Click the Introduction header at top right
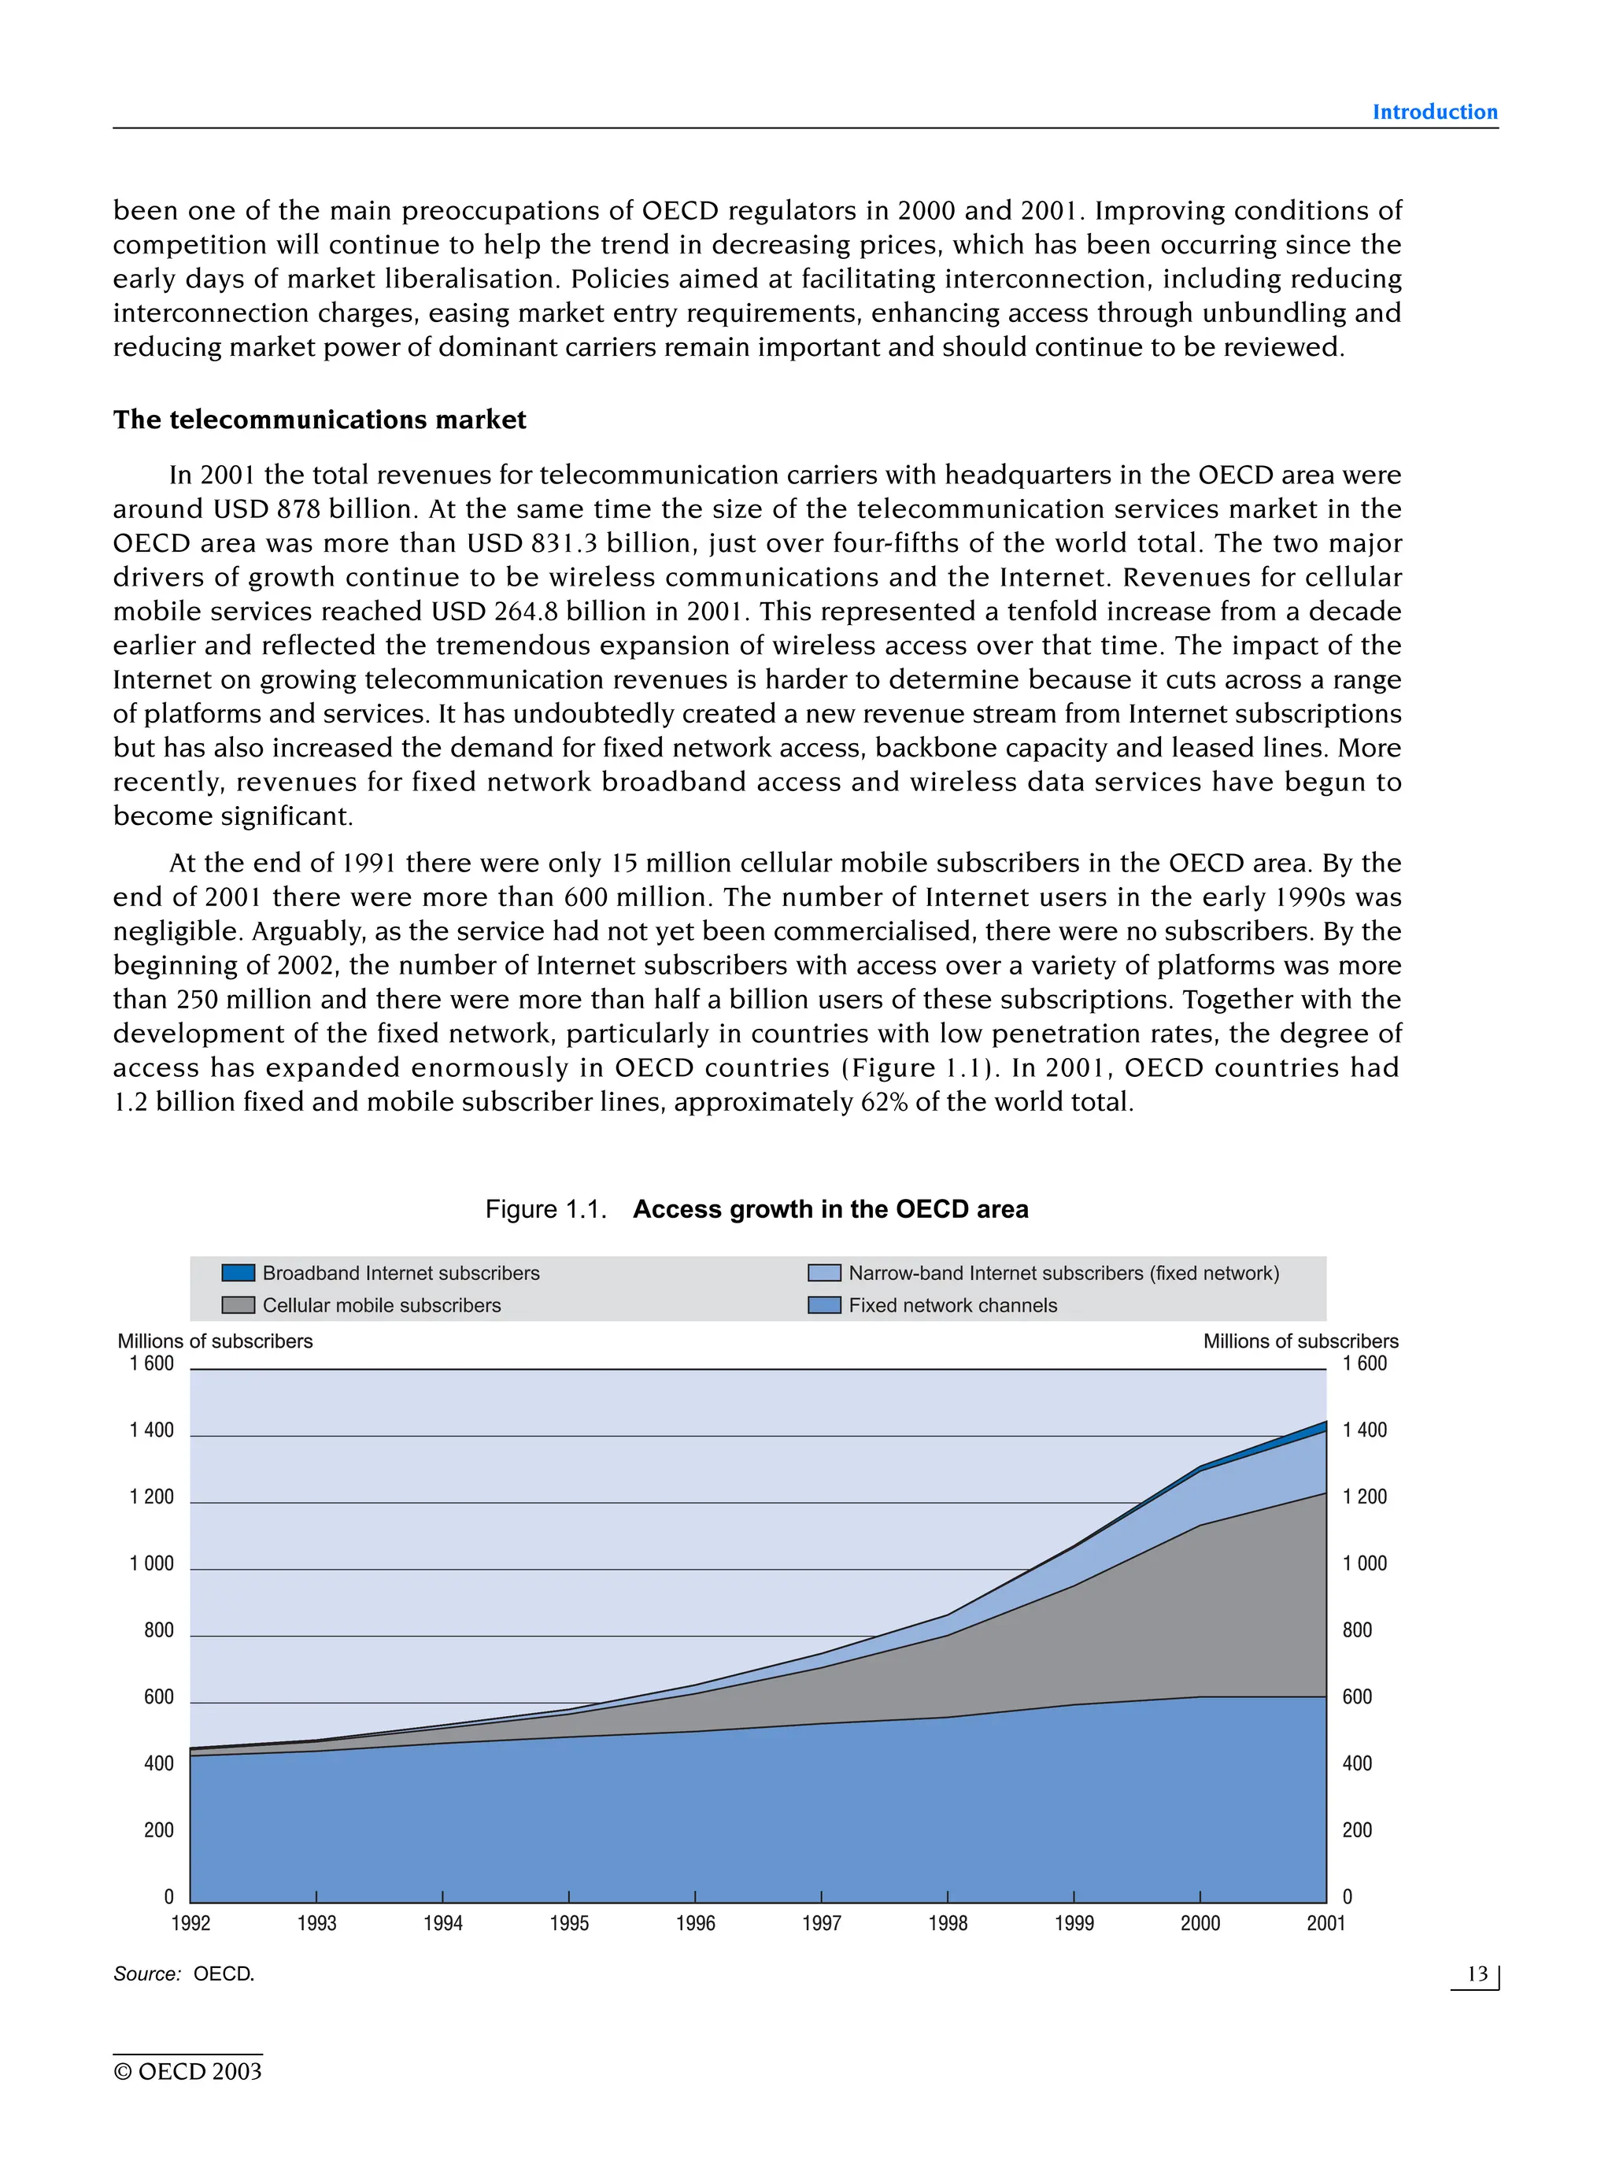(x=1433, y=113)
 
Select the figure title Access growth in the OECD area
(x=830, y=1209)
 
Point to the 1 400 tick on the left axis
(x=151, y=1430)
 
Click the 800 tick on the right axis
(x=1356, y=1630)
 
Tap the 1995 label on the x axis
(x=569, y=1923)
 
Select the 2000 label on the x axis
(x=1200, y=1923)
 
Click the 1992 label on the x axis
(x=190, y=1923)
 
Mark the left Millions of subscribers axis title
(x=215, y=1341)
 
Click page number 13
(x=1477, y=1974)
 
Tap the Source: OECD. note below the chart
(x=183, y=1974)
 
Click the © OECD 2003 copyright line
(x=187, y=2072)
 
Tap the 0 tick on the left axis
(x=168, y=1897)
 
